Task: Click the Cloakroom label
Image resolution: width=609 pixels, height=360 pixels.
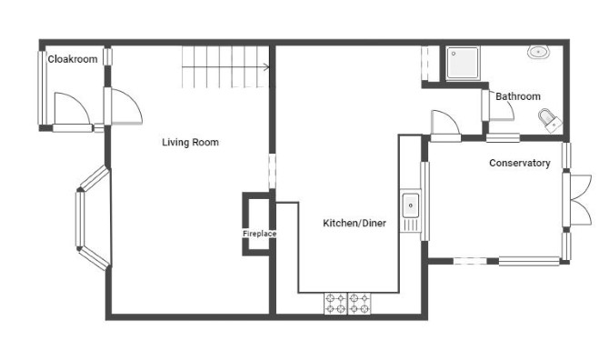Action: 72,59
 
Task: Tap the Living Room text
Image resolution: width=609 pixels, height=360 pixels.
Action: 190,142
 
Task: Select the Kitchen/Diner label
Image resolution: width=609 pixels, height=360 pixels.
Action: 354,223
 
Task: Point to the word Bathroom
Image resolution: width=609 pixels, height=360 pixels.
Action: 518,96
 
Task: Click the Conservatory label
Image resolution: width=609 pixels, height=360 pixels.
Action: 520,163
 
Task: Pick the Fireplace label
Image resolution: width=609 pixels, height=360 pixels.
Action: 259,234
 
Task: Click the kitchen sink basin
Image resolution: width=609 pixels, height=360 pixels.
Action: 411,205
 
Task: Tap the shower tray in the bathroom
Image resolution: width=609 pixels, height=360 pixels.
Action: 463,63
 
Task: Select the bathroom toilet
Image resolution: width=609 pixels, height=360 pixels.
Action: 550,120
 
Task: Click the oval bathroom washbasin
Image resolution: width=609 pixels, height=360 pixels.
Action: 538,52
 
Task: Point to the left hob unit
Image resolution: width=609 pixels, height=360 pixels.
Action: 335,304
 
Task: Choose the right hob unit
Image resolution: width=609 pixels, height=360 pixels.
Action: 359,304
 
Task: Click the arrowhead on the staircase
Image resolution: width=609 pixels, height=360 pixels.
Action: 266,67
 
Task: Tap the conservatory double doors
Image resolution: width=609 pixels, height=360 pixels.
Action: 580,200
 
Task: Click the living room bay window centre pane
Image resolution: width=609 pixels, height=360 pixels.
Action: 80,219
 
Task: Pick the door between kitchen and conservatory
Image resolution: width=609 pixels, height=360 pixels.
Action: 446,125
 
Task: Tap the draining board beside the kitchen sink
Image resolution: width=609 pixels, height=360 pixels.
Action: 411,225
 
